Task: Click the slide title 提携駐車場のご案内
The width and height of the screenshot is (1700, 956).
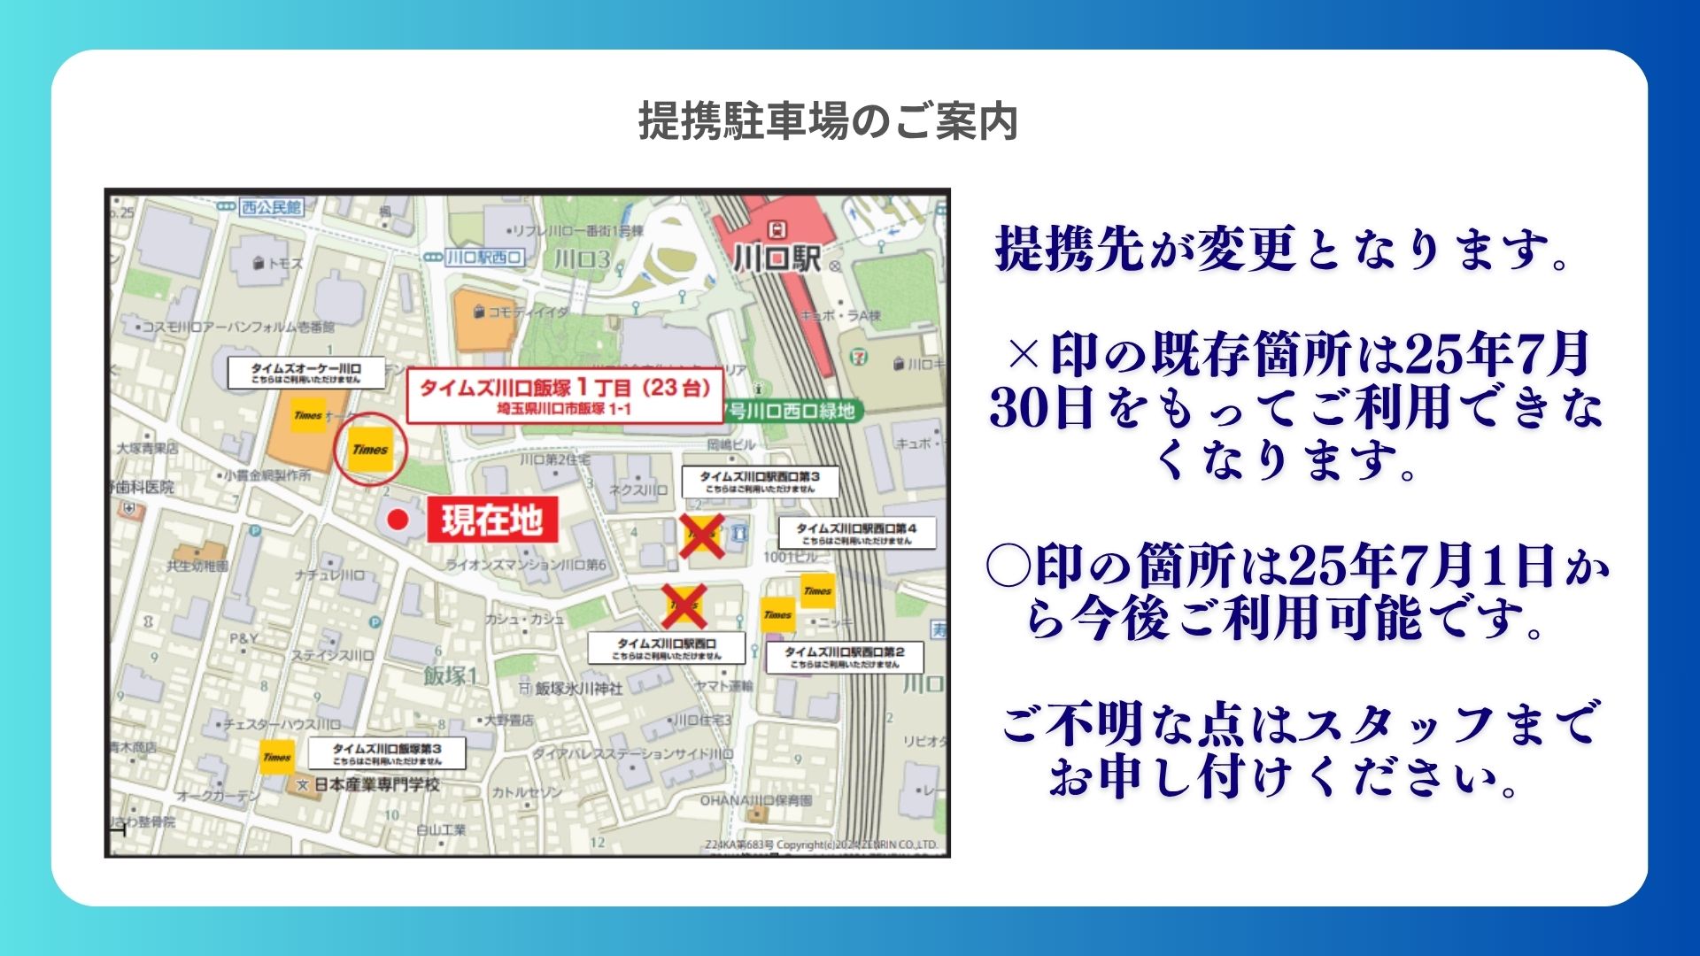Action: (x=828, y=121)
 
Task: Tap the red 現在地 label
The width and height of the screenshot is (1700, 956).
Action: (x=492, y=520)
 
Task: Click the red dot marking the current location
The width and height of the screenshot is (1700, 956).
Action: (x=398, y=520)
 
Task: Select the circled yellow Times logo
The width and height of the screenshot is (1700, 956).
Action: (x=370, y=449)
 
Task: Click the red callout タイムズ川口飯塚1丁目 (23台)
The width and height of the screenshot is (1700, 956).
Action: (x=565, y=396)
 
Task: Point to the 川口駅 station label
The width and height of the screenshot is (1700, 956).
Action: (x=777, y=258)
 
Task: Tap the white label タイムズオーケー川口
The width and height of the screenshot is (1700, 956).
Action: (x=306, y=373)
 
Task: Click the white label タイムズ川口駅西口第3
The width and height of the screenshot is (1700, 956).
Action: (x=760, y=482)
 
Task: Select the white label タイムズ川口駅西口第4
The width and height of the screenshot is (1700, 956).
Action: (x=856, y=534)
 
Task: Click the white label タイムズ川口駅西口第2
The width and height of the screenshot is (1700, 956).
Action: (x=845, y=657)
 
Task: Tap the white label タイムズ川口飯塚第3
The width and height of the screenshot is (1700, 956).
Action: (x=387, y=754)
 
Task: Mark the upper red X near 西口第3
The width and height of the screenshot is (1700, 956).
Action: (x=701, y=536)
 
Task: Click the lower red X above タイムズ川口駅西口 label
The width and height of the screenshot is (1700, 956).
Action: (x=684, y=606)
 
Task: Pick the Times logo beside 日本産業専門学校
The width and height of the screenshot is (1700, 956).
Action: (x=276, y=757)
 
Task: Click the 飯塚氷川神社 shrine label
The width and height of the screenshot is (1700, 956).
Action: (x=578, y=688)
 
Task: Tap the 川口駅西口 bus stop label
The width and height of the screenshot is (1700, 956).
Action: (x=483, y=258)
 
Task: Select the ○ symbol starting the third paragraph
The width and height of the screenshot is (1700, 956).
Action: (x=1008, y=566)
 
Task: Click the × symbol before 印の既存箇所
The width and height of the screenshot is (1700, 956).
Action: (x=1023, y=355)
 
